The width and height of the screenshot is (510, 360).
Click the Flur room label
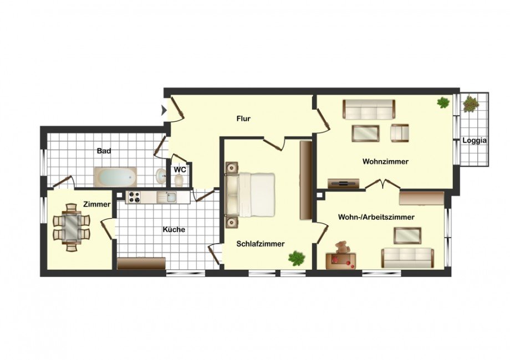point(243,119)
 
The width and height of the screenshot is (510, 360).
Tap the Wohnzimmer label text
point(385,162)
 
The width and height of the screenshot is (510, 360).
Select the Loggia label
point(475,141)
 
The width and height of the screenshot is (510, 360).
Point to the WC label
point(180,169)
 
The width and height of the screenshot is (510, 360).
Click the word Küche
point(174,229)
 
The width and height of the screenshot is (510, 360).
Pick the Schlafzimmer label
point(261,244)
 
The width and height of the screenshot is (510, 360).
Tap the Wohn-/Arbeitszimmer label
point(376,217)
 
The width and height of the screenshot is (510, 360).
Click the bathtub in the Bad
point(116,177)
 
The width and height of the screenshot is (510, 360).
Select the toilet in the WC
point(178,180)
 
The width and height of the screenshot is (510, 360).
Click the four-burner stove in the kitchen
point(134,197)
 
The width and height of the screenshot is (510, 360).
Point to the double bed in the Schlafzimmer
point(250,194)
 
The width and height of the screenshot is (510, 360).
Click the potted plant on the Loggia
point(471,104)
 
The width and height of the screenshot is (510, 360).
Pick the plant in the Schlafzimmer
point(297,258)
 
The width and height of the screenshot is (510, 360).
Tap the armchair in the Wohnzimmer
point(400,133)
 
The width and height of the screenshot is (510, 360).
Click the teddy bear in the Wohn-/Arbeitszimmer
point(342,247)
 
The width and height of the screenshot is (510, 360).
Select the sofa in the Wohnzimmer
point(369,110)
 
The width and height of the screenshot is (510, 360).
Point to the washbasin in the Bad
point(161,176)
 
